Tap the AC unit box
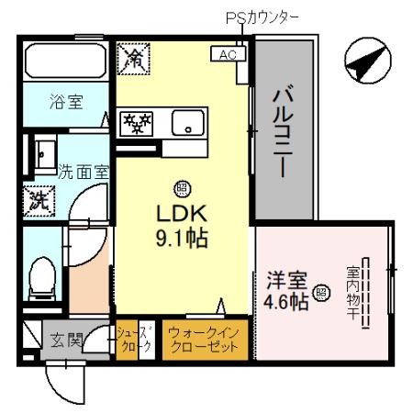coord(226,53)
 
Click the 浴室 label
coord(65,101)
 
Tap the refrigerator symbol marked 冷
coord(133,61)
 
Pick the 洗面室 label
coord(84,171)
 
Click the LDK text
coord(183,214)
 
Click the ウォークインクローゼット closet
coord(205,340)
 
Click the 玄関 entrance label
coord(61,342)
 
